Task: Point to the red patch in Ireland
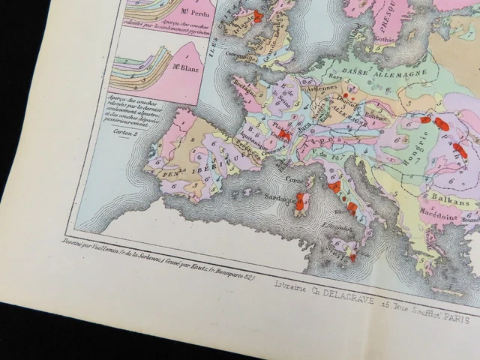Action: point(258,16)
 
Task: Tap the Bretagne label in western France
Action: point(244,91)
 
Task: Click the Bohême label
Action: point(378,112)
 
